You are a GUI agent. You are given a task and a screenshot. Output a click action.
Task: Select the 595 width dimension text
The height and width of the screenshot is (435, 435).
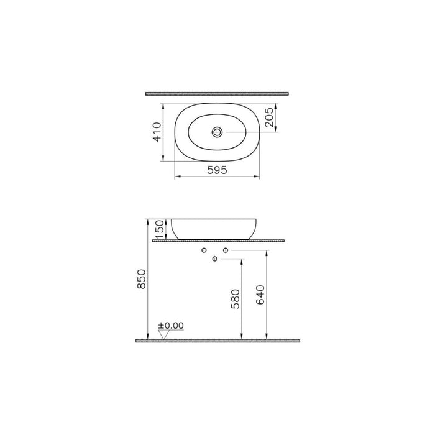pos(216,169)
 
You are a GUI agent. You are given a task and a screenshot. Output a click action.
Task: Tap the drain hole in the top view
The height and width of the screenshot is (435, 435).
pos(217,132)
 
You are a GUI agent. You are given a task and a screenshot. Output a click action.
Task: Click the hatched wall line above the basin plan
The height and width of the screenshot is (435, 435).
pos(217,93)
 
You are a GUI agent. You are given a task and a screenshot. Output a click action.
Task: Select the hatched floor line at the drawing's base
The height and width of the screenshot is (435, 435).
pos(217,341)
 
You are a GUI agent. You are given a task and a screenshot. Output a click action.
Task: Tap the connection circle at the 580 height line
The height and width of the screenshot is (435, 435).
pos(214,259)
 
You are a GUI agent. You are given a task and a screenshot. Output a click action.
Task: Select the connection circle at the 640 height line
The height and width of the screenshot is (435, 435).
pos(226,250)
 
